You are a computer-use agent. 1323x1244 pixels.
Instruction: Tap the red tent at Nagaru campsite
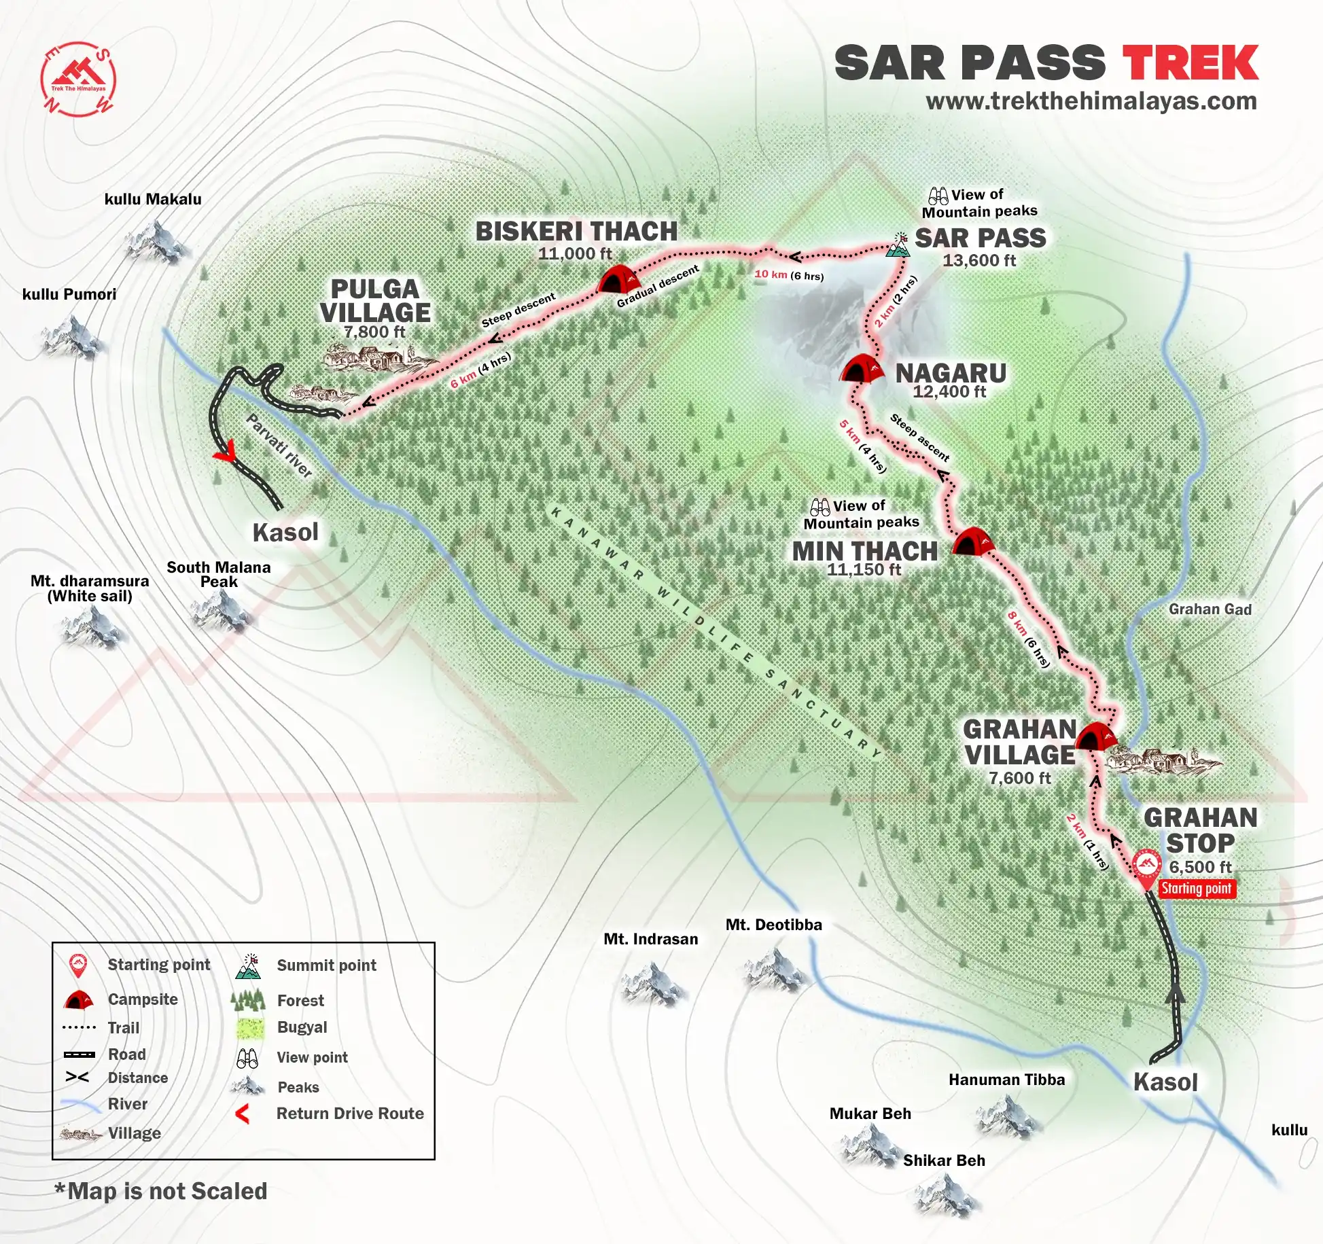tap(862, 368)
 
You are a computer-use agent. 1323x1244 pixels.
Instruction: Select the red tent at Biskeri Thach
tap(618, 279)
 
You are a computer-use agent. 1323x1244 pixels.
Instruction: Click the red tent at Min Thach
tap(972, 541)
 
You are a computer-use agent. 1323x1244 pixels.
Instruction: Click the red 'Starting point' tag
tap(1196, 889)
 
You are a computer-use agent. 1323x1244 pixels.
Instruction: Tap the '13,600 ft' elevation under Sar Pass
tap(978, 261)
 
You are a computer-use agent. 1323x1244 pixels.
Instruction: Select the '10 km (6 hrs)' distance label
tap(789, 275)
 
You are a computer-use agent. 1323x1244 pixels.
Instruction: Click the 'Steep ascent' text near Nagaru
tap(919, 437)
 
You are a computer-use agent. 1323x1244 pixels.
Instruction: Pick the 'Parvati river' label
tap(279, 445)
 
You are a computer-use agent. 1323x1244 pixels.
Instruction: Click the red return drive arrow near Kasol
tap(225, 451)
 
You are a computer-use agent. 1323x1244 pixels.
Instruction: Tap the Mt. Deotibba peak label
tap(773, 925)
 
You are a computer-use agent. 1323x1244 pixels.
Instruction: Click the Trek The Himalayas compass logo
tap(78, 79)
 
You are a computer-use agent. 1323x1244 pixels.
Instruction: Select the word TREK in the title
tap(1190, 64)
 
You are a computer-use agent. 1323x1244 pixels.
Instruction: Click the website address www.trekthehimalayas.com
tap(1091, 101)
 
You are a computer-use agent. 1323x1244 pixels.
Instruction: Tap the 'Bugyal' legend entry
tap(302, 1027)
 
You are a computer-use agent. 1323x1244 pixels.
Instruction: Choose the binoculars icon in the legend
tap(247, 1058)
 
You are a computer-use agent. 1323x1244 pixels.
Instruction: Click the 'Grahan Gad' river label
tap(1210, 609)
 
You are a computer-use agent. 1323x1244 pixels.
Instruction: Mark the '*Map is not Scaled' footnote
tap(161, 1191)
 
